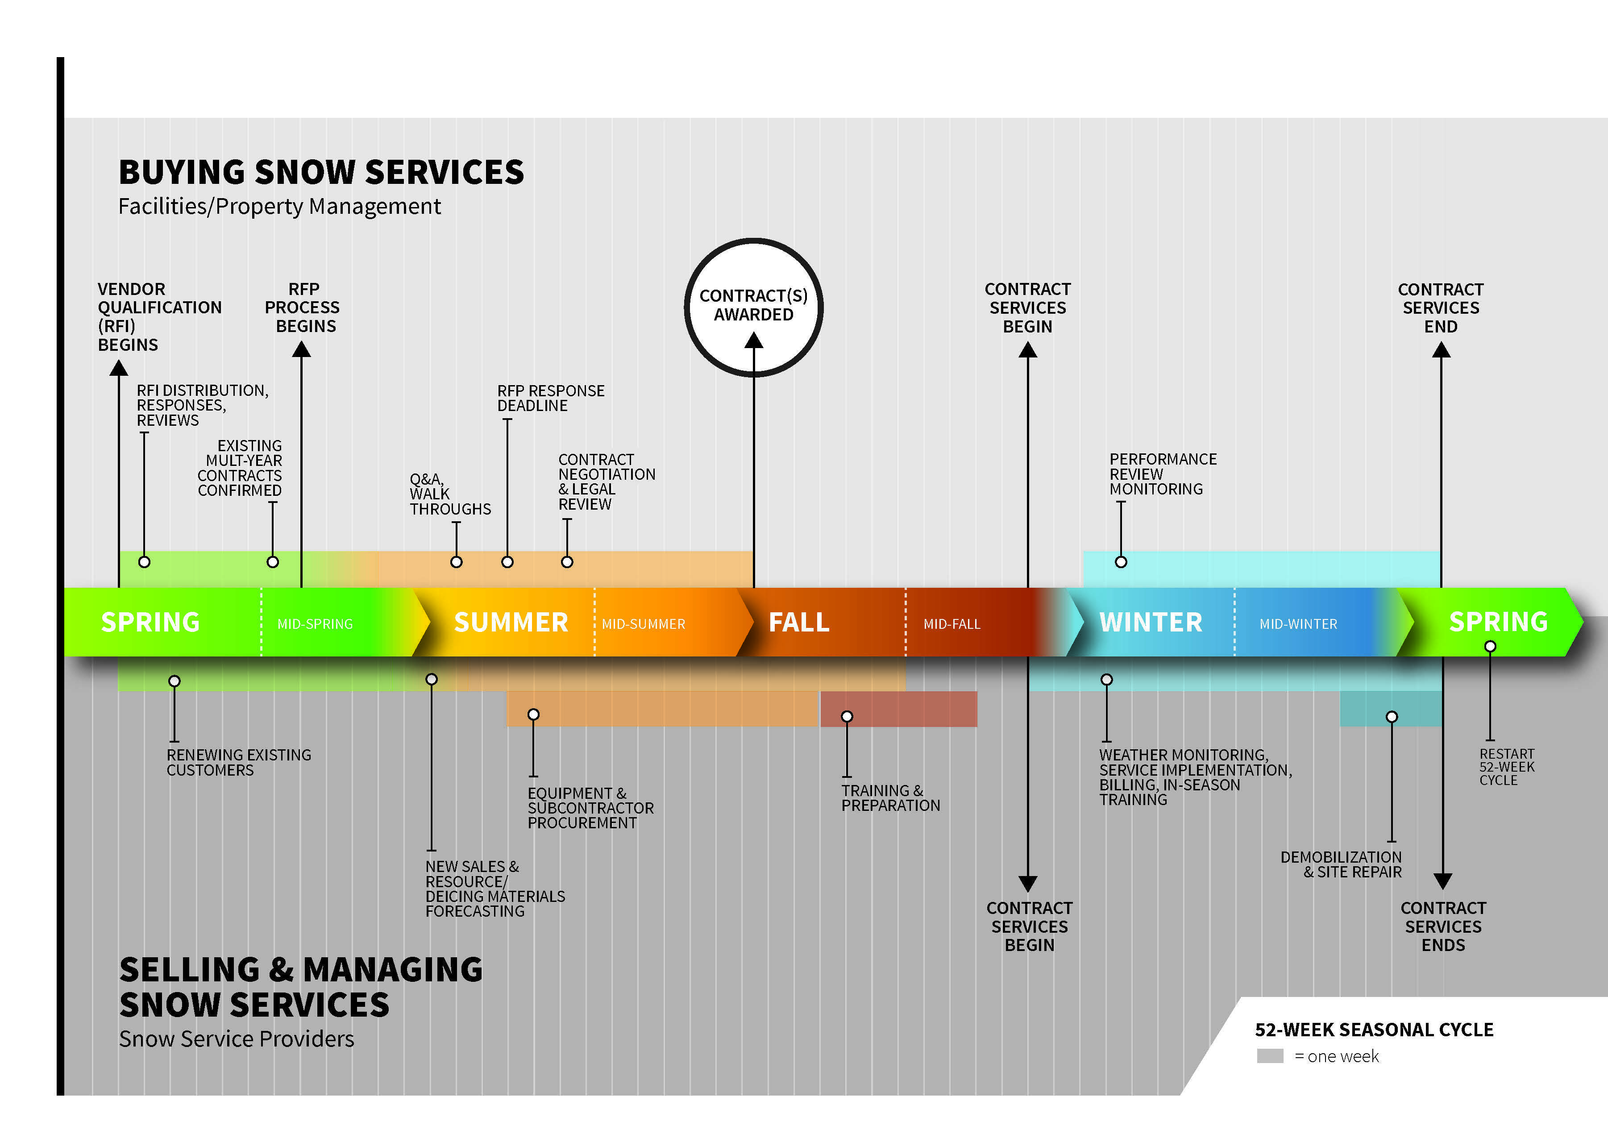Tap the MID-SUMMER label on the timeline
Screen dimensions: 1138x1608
click(x=643, y=623)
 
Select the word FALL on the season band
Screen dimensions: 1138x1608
click(x=799, y=622)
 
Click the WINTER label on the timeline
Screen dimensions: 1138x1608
click(x=1151, y=622)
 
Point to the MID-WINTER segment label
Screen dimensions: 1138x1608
click(x=1298, y=623)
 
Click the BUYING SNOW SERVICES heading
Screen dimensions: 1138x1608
click(x=321, y=172)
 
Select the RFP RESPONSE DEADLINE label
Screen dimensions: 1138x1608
click(x=550, y=398)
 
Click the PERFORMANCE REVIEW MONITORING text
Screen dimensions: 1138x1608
click(x=1163, y=473)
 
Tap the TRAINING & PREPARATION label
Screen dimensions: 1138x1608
click(x=890, y=797)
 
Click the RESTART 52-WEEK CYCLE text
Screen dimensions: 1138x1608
click(x=1506, y=767)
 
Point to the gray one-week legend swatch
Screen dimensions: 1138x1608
click(x=1270, y=1056)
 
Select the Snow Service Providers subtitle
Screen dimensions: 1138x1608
click(x=236, y=1038)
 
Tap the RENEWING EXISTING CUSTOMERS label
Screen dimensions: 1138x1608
click(x=238, y=762)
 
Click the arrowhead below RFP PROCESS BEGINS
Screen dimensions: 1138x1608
click(x=301, y=349)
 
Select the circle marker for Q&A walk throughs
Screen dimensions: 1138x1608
click(x=456, y=562)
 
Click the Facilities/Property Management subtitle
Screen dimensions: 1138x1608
click(x=279, y=207)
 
